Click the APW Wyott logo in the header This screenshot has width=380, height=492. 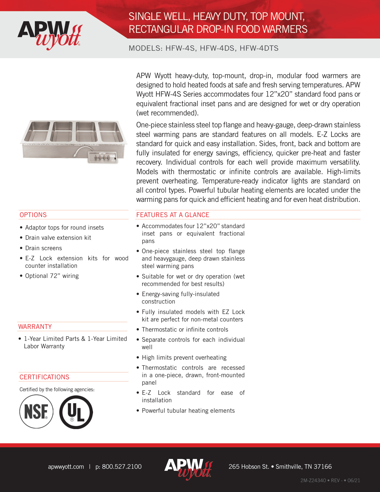(49, 35)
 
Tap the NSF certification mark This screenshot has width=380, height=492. (36, 411)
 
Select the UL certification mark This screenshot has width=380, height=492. (76, 412)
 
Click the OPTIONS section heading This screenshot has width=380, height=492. (33, 215)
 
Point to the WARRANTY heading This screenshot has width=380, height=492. (35, 327)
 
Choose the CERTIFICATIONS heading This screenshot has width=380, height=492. (44, 377)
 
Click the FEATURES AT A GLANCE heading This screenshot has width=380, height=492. (173, 215)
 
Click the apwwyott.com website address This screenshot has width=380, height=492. (66, 467)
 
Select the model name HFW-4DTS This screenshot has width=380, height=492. (259, 48)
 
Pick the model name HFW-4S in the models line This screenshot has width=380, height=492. (180, 48)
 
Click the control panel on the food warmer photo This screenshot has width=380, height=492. (102, 157)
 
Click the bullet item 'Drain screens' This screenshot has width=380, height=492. (44, 248)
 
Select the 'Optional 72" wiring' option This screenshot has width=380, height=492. (52, 276)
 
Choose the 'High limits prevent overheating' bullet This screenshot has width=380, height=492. (184, 358)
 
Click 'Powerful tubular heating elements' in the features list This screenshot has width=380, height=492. (188, 411)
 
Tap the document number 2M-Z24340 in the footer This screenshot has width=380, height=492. (313, 480)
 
